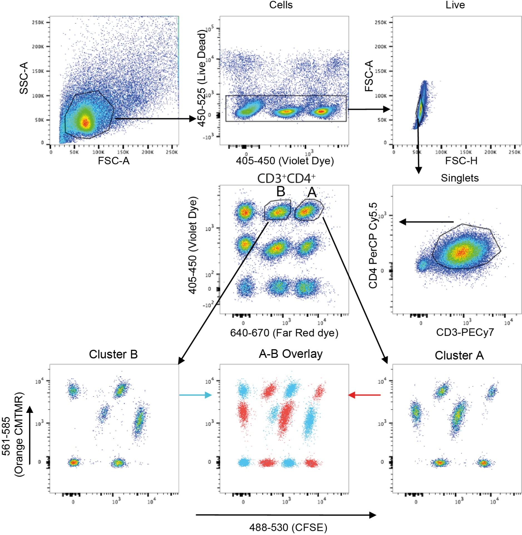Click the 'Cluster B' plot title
[113, 354]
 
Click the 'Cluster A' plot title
[459, 356]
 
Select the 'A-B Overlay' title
[290, 354]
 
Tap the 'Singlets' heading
[460, 178]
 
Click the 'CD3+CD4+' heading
[286, 179]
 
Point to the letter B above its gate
[281, 191]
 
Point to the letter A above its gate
[312, 192]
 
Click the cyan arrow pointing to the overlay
[195, 395]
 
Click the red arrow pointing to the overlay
[364, 395]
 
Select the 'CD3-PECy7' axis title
[465, 332]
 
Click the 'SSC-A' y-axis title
[24, 78]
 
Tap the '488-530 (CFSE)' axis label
[288, 527]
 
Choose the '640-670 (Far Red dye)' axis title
[284, 333]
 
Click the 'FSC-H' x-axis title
[461, 161]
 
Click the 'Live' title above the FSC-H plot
[455, 5]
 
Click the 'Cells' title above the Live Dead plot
[281, 5]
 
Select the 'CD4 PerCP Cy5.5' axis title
[373, 245]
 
